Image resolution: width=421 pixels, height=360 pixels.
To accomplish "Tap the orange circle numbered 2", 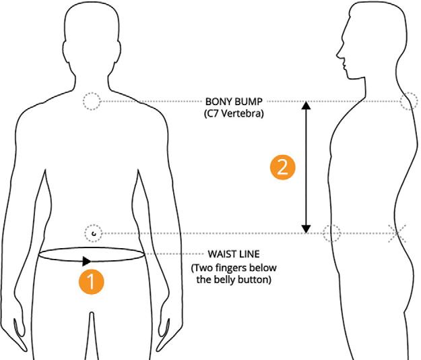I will click(282, 167).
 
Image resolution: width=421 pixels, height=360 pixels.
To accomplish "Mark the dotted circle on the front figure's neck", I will click(92, 102).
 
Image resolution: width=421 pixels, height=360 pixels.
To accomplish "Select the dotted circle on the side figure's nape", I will click(408, 102).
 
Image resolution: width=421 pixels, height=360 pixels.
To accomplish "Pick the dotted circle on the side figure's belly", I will click(331, 233).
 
